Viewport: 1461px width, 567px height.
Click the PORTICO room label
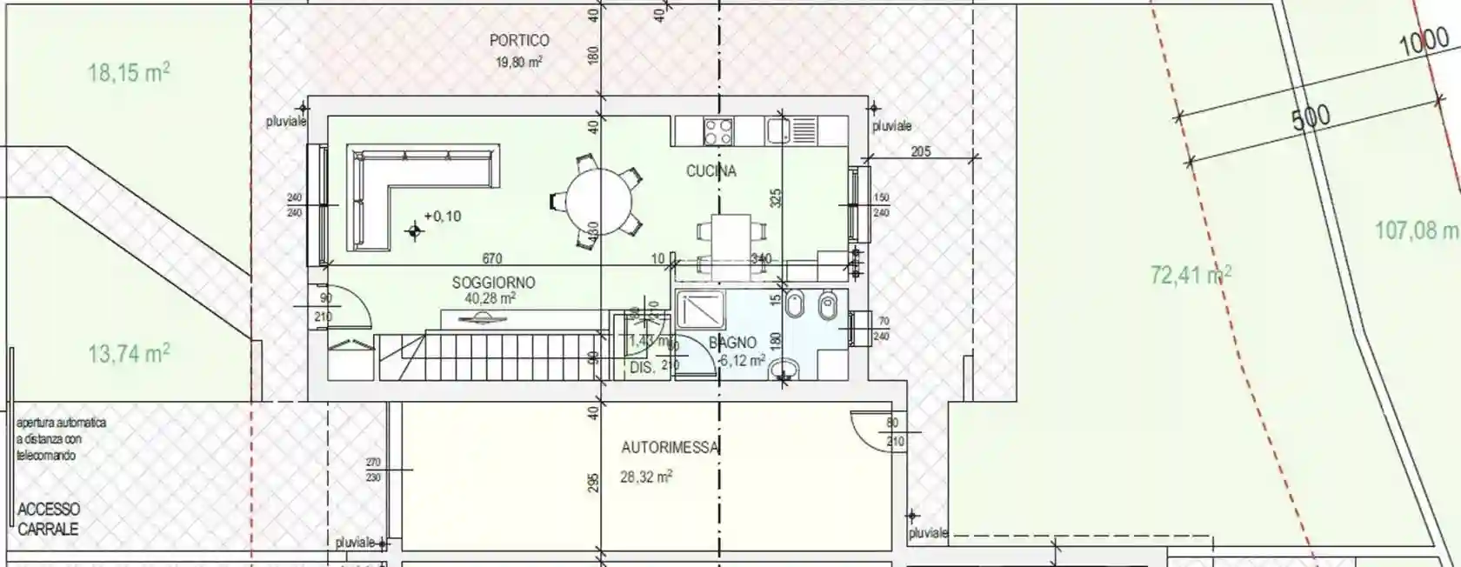point(519,40)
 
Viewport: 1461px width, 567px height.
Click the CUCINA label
point(710,171)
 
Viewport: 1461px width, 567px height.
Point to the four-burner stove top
point(717,131)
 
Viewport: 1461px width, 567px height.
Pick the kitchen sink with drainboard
point(791,131)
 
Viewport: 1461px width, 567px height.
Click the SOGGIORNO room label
point(493,283)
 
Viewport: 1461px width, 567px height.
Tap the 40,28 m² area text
point(490,298)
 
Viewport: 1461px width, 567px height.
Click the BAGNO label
point(732,344)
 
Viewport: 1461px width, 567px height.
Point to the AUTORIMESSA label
point(670,448)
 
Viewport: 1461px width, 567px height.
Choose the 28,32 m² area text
point(646,477)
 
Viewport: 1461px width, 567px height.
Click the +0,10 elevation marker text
point(443,217)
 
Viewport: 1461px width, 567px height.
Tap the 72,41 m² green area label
point(1191,275)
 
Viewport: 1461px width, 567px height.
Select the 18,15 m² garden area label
point(129,72)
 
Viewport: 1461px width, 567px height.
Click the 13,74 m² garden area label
point(129,354)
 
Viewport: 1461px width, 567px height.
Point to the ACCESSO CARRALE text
point(49,519)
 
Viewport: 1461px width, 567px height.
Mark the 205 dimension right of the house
point(920,152)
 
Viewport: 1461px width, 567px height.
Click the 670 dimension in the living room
point(491,259)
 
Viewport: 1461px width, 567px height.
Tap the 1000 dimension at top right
point(1424,43)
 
